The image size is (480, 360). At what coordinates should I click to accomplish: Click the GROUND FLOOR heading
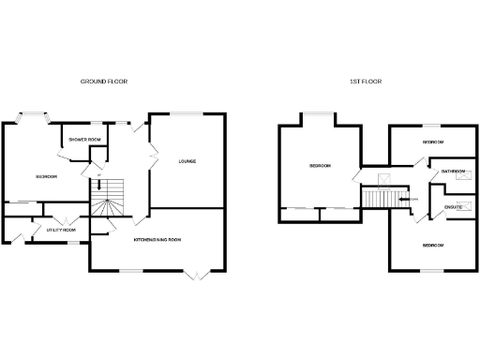click(104, 82)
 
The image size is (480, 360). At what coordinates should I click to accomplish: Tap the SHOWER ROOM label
click(83, 139)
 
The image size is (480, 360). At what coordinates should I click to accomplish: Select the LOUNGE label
click(187, 161)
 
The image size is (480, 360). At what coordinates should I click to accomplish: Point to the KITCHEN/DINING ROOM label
click(157, 240)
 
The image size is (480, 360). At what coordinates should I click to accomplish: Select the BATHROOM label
click(455, 171)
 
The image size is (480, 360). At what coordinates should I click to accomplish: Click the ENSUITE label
click(453, 206)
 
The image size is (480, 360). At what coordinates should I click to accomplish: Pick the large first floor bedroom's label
click(321, 166)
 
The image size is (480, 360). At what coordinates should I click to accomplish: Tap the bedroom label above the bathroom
click(432, 142)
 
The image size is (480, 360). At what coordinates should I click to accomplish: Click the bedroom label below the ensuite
click(432, 245)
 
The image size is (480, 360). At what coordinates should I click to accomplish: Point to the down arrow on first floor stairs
click(406, 199)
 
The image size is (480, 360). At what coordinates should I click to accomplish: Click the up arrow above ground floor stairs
click(97, 175)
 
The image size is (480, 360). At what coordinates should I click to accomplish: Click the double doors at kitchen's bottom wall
click(196, 274)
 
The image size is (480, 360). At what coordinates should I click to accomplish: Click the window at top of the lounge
click(187, 113)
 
